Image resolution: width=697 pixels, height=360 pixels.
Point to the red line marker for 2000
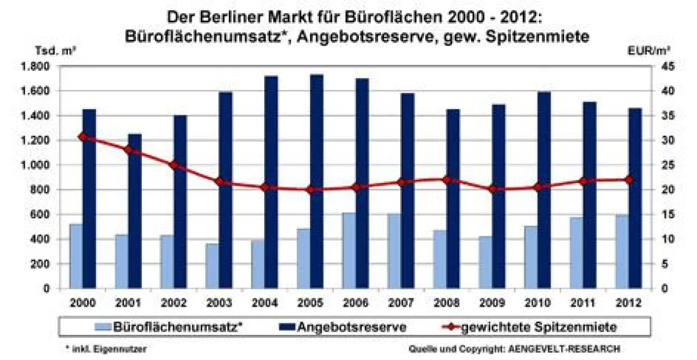pyautogui.click(x=82, y=137)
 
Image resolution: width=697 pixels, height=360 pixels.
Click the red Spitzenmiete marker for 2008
pyautogui.click(x=446, y=180)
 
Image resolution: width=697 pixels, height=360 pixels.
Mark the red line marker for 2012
pyautogui.click(x=628, y=180)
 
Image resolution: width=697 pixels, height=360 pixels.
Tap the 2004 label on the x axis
pyautogui.click(x=264, y=303)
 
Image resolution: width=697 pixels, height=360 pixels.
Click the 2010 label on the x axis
pyautogui.click(x=537, y=303)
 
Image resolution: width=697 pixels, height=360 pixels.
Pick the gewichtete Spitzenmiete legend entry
pyautogui.click(x=534, y=327)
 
